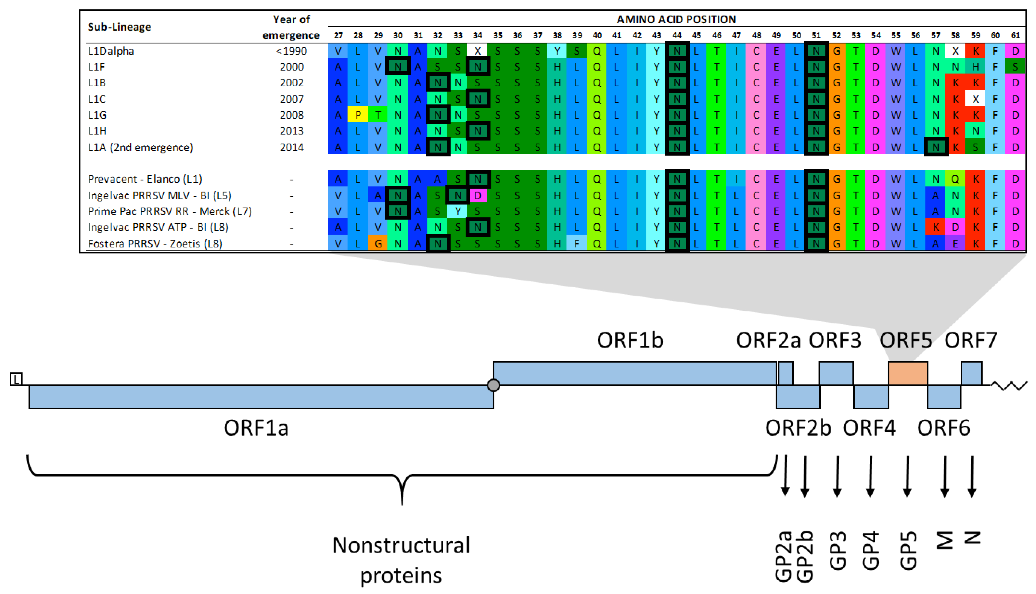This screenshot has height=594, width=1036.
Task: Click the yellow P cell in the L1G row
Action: point(358,115)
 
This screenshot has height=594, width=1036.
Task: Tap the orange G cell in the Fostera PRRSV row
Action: point(378,244)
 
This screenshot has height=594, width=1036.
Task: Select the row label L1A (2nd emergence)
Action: point(140,147)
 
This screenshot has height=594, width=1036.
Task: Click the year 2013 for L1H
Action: point(291,131)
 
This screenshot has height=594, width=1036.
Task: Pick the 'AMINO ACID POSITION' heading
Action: point(676,19)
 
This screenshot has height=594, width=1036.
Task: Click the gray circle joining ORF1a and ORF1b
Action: point(493,385)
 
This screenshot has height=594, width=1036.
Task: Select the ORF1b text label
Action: point(630,340)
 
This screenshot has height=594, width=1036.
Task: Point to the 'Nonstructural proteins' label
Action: point(401,560)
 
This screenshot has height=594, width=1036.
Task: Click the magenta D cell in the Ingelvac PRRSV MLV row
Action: point(478,195)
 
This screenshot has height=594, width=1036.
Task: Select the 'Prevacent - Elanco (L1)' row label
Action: point(145,179)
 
